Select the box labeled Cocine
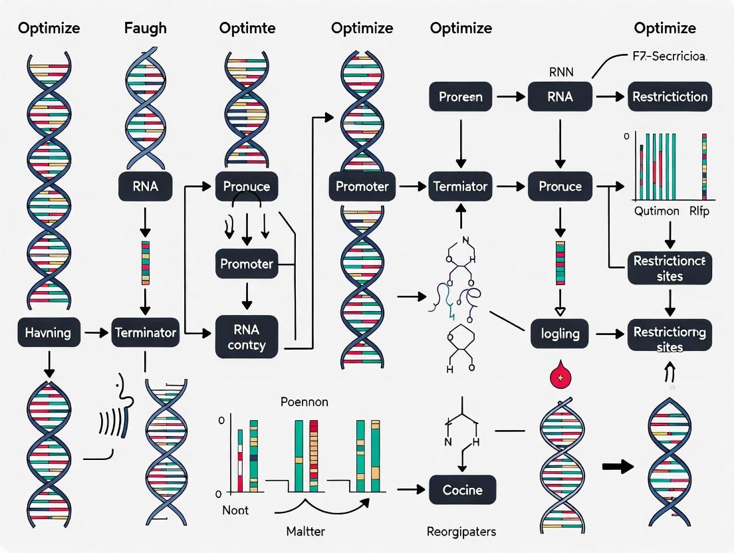click(462, 490)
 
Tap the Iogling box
click(560, 332)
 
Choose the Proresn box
click(461, 96)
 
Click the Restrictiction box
click(670, 96)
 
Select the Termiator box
click(461, 187)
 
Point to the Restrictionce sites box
click(670, 268)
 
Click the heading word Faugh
click(145, 28)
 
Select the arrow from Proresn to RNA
click(509, 96)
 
